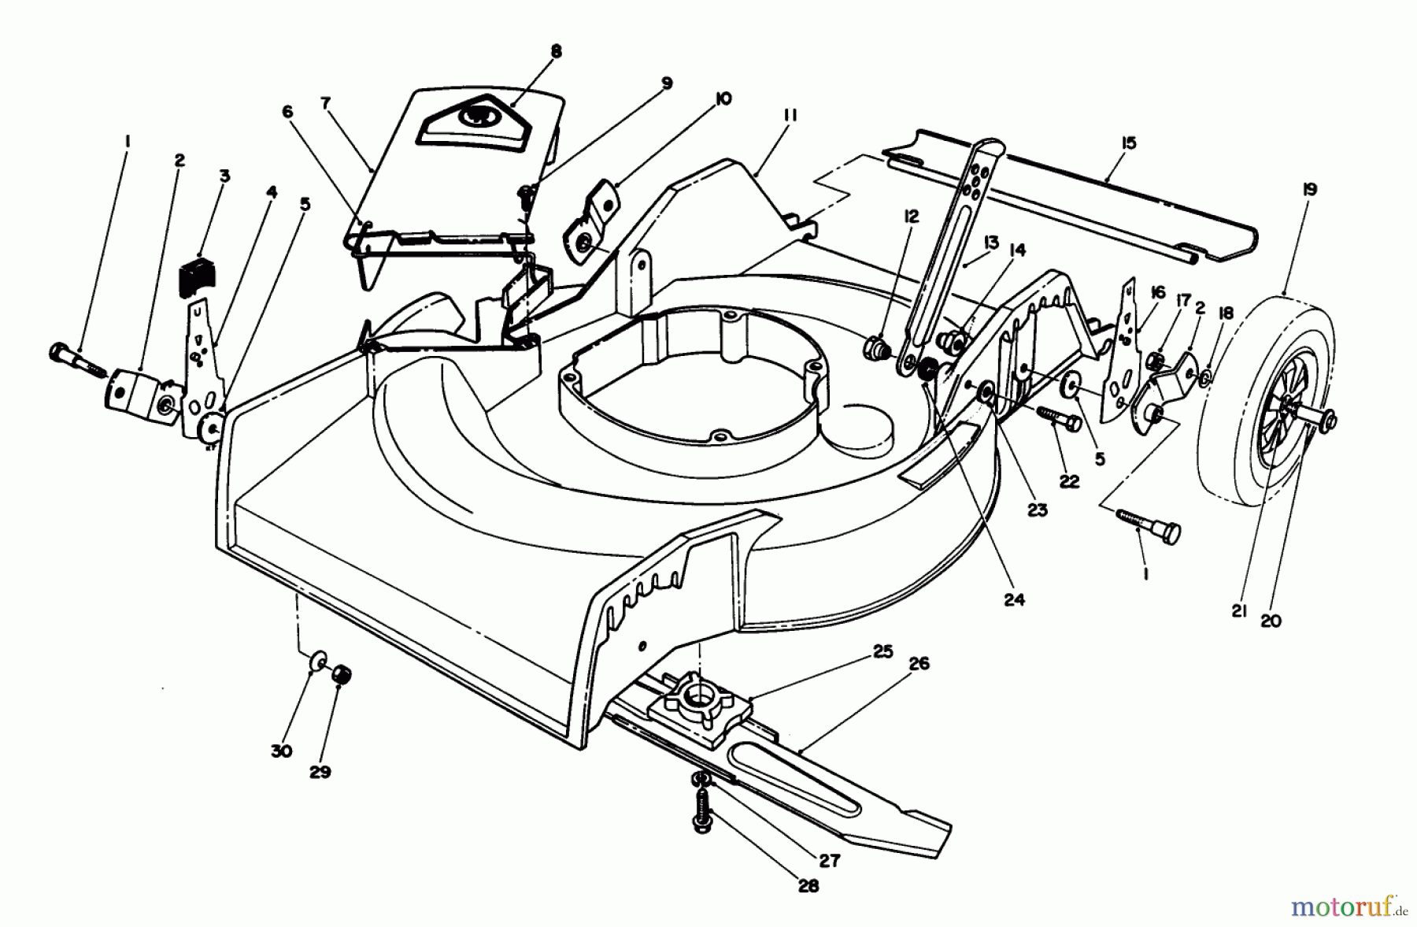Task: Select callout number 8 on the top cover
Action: [x=557, y=52]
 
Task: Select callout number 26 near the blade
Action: [x=918, y=664]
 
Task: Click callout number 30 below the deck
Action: [x=281, y=751]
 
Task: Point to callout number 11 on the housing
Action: [x=790, y=117]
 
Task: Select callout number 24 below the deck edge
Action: [x=1015, y=599]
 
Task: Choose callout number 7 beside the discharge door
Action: [x=327, y=102]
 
